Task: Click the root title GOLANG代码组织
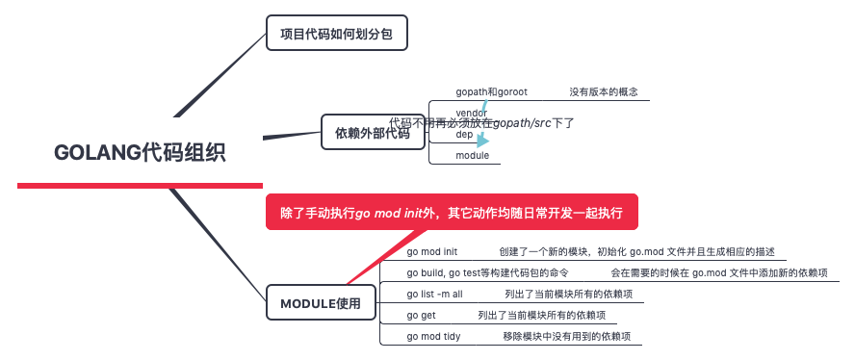tap(140, 152)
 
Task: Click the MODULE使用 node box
tap(320, 303)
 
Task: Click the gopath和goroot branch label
tap(491, 92)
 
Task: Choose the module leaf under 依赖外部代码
tap(472, 155)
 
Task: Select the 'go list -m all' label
tap(434, 295)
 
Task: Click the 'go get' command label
tap(421, 315)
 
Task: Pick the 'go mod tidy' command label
tap(435, 336)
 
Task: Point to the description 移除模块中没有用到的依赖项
tap(566, 336)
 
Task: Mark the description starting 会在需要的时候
tap(718, 273)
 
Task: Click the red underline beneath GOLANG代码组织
tap(140, 185)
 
